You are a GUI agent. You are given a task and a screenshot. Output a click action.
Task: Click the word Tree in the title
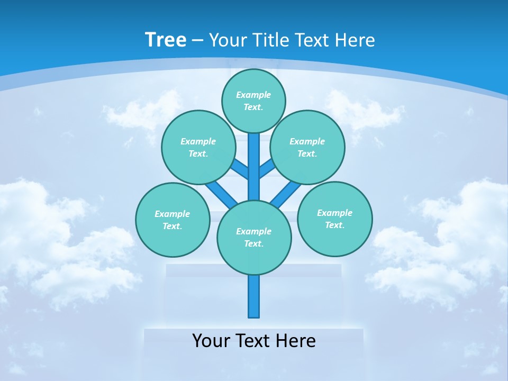[x=166, y=40]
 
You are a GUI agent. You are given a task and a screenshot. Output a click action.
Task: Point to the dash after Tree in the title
[x=198, y=40]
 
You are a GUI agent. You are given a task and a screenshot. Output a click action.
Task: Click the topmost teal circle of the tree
[x=253, y=101]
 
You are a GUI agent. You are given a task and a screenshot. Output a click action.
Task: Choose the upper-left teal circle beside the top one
[x=198, y=147]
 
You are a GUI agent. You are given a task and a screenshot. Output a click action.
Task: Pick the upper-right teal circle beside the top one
[x=307, y=147]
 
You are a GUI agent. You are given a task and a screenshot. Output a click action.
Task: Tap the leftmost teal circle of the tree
[x=173, y=220]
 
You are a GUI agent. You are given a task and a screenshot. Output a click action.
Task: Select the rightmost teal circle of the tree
[x=335, y=219]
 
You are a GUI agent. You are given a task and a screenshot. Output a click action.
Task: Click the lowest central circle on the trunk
[x=254, y=238]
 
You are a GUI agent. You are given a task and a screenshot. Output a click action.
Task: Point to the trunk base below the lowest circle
[x=254, y=296]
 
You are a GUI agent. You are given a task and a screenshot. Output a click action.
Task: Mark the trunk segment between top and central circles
[x=254, y=167]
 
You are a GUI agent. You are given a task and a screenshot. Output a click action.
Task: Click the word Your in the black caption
[x=211, y=341]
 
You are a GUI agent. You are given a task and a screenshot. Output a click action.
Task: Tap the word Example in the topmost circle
[x=253, y=95]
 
